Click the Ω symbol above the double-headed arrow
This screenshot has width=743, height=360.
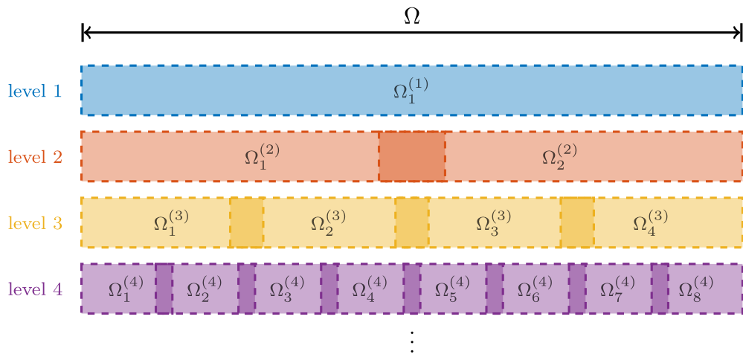point(412,16)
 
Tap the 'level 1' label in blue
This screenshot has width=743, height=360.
point(35,91)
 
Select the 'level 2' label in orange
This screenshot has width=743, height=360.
point(35,156)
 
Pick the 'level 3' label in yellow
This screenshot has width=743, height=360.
point(35,222)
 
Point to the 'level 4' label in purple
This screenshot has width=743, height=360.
point(35,289)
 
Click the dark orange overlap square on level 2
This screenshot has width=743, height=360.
point(412,156)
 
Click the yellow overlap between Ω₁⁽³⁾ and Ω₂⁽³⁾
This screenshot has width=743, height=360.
point(247,222)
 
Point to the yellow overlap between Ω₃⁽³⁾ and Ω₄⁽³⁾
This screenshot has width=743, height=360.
point(577,222)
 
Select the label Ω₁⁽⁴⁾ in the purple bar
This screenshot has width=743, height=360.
point(126,288)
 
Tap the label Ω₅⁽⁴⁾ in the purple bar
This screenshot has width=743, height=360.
point(452,288)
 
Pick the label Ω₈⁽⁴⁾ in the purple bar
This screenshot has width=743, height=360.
point(695,288)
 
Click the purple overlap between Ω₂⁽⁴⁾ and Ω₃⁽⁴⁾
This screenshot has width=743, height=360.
point(246,288)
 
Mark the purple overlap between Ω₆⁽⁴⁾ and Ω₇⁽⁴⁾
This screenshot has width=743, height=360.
point(577,288)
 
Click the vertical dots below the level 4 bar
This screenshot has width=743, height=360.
point(412,342)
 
